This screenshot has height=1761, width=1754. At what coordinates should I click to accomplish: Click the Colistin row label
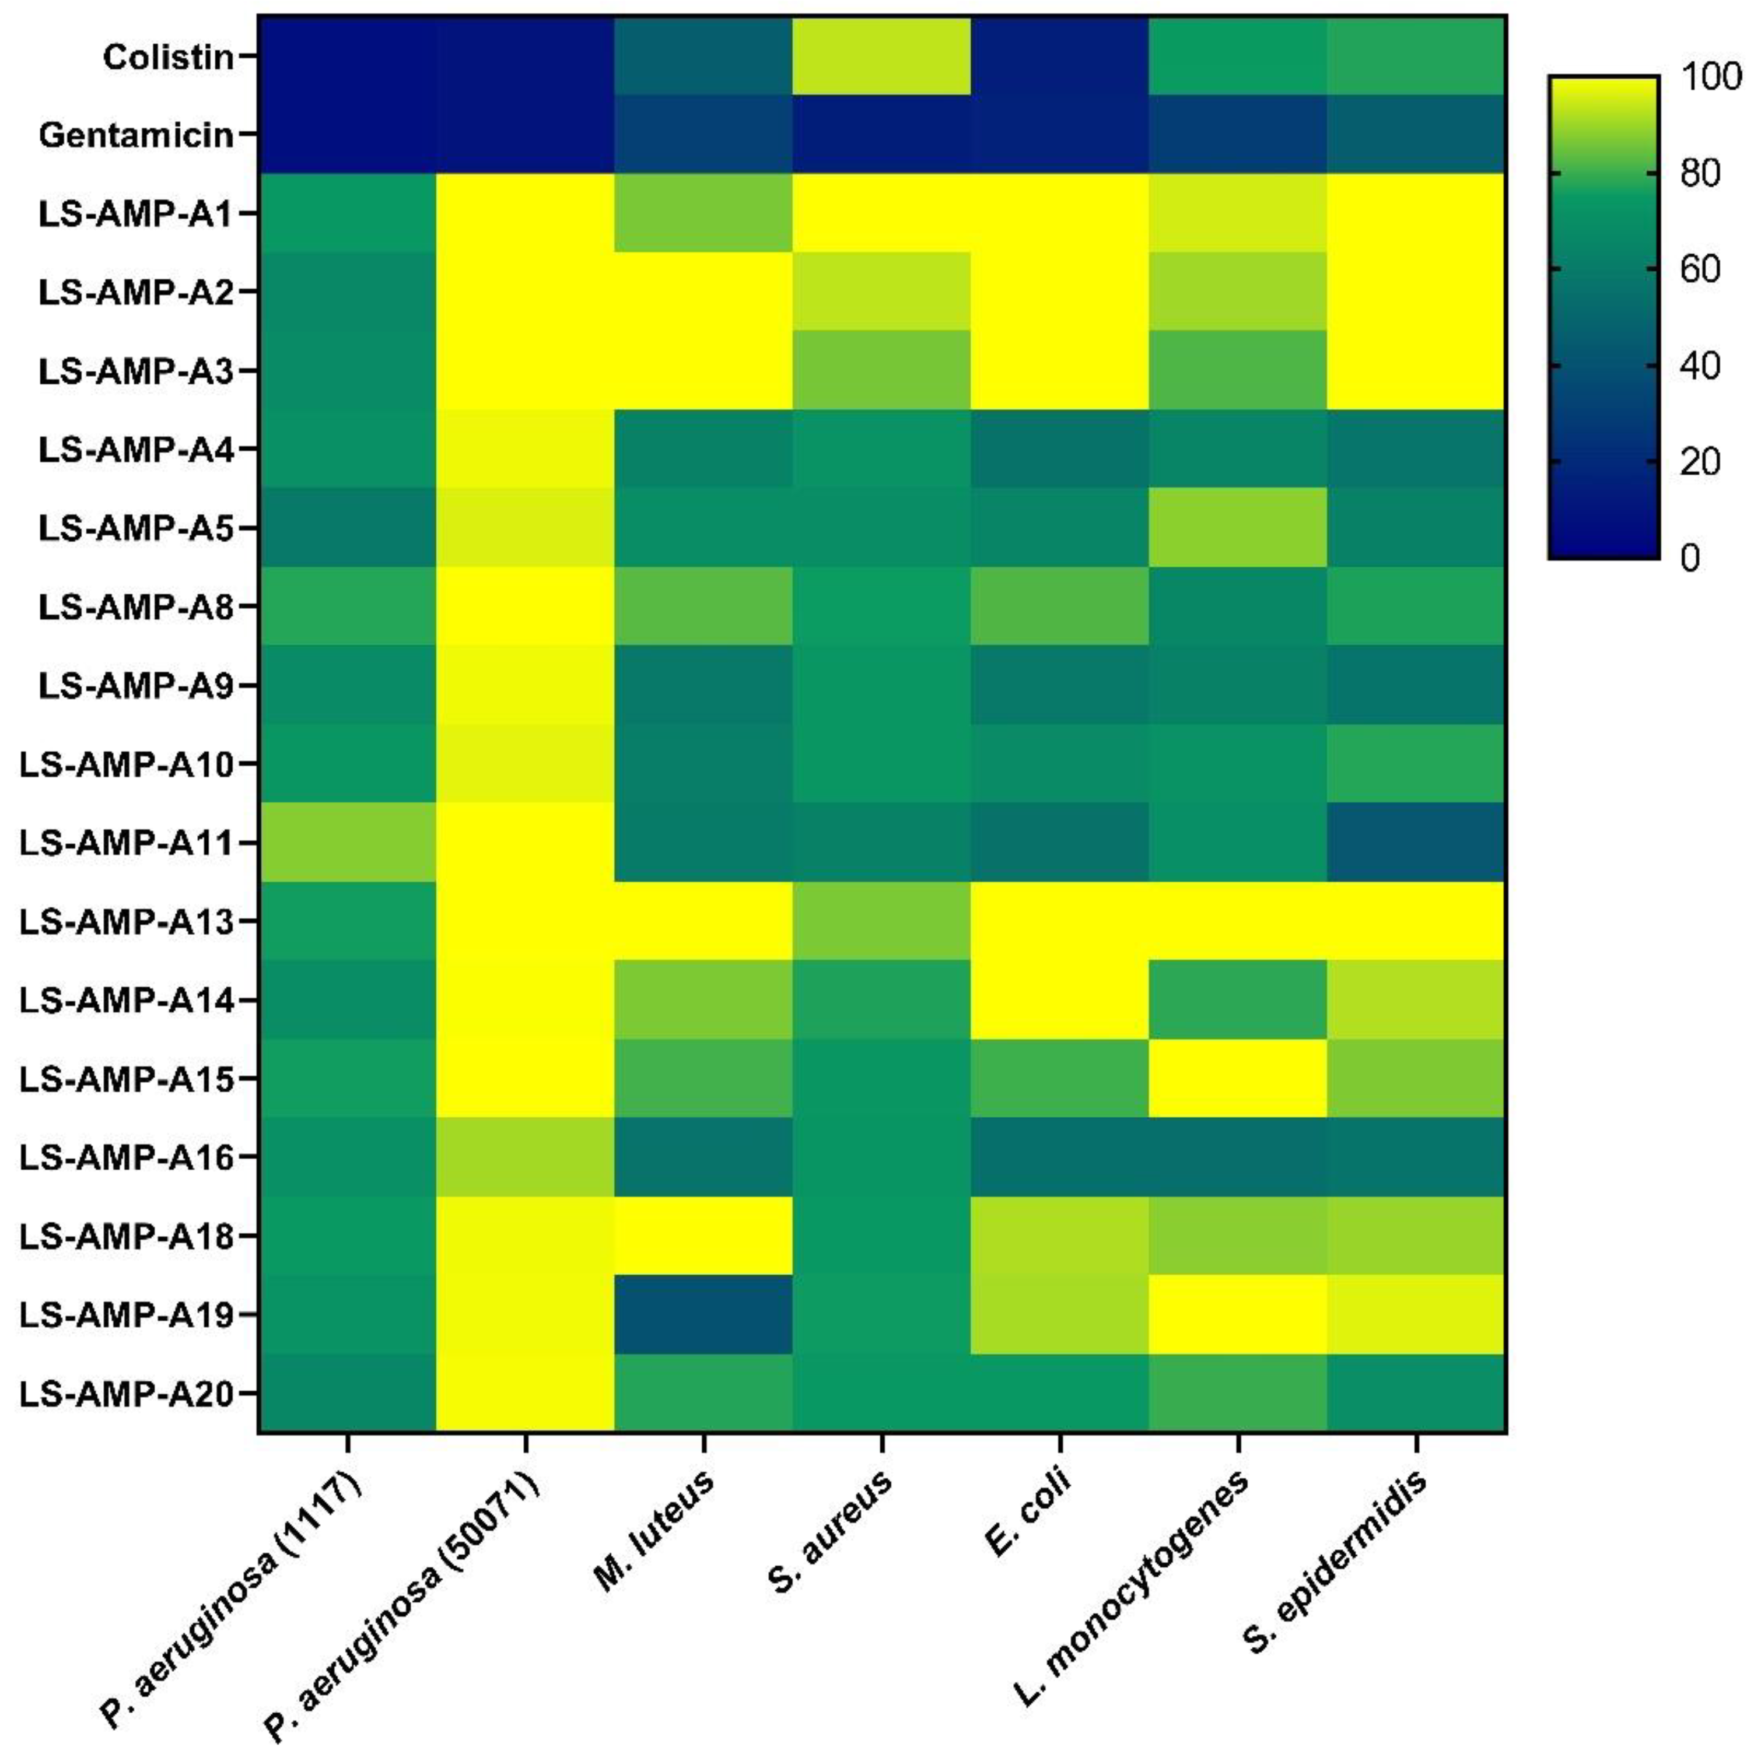[168, 57]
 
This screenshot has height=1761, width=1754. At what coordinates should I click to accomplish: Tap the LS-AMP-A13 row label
[127, 921]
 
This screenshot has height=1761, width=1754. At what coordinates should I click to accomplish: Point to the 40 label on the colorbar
[1700, 366]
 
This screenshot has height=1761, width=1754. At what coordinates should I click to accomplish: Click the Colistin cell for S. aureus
[881, 57]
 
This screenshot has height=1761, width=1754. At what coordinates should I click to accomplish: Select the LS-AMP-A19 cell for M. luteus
[703, 1314]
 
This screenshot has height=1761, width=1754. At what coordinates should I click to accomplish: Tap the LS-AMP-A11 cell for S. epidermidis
[1416, 842]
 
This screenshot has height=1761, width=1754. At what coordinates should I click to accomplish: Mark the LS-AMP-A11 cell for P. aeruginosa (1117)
[347, 842]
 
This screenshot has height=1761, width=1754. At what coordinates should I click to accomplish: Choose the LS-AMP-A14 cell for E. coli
[1059, 1000]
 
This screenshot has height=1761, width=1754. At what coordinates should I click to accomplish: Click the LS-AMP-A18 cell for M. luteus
[703, 1236]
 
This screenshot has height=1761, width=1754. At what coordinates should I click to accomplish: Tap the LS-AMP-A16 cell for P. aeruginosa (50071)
[525, 1157]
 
